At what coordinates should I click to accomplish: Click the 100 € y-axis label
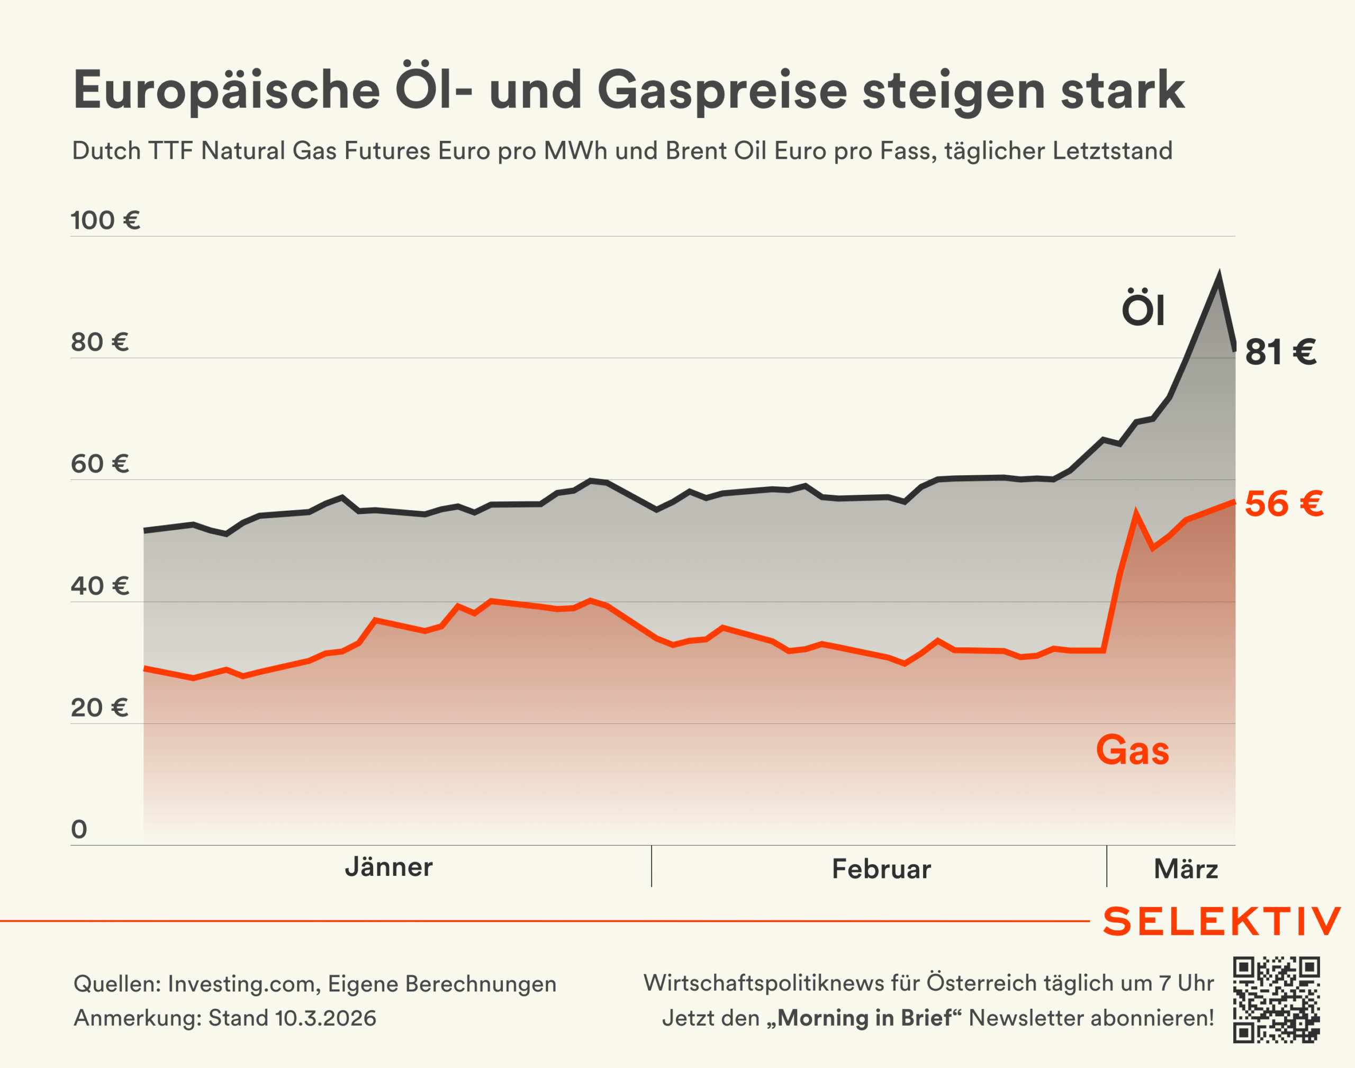coord(105,221)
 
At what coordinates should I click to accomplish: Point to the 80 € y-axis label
coord(100,342)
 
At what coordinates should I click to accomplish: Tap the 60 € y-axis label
coord(100,465)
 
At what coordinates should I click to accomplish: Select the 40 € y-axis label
coord(100,586)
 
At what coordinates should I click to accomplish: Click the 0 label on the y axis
coord(79,830)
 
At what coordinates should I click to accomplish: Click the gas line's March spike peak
coord(1135,513)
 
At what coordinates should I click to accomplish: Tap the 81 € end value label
coord(1280,352)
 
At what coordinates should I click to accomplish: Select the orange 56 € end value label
coord(1284,504)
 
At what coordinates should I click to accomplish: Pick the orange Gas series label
coord(1132,750)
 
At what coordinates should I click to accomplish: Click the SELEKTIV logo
coord(1222,922)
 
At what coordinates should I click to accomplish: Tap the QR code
coord(1276,999)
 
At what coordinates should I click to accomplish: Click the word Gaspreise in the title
coord(722,90)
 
